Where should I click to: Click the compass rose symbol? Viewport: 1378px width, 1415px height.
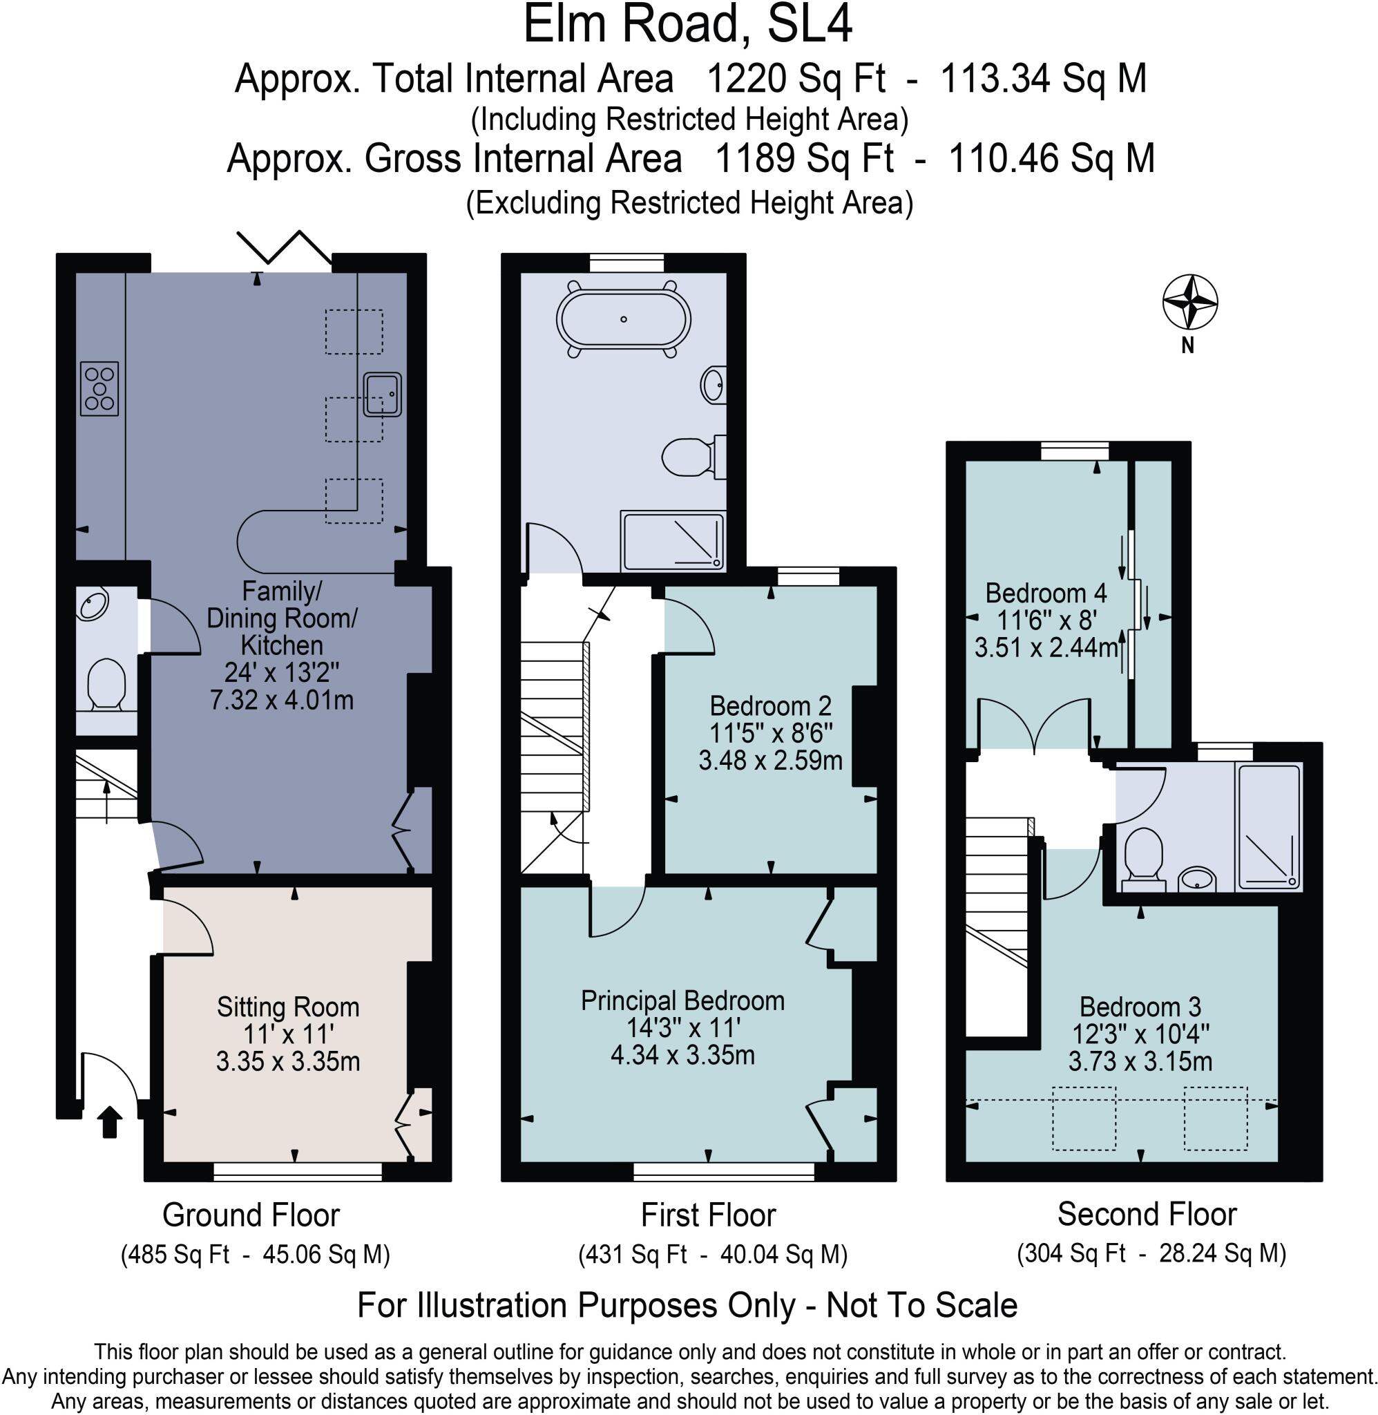(1189, 302)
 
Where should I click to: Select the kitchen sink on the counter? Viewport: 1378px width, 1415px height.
(382, 395)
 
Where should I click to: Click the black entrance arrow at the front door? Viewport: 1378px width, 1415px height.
(109, 1123)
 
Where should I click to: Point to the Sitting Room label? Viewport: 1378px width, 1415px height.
(288, 1007)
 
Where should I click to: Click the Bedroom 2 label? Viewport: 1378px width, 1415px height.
(770, 705)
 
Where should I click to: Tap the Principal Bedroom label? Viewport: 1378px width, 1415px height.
(682, 1001)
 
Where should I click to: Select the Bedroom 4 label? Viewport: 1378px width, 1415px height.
(1046, 593)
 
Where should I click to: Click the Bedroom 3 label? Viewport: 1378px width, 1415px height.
(1140, 1007)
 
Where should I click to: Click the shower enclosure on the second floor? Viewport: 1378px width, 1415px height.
(1270, 827)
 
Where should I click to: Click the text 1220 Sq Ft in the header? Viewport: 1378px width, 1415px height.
(794, 79)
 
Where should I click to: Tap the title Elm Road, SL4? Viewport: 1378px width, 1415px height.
(687, 26)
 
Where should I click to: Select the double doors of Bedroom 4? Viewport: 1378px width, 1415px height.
(1034, 724)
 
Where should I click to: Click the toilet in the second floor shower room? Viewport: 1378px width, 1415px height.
(1144, 857)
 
